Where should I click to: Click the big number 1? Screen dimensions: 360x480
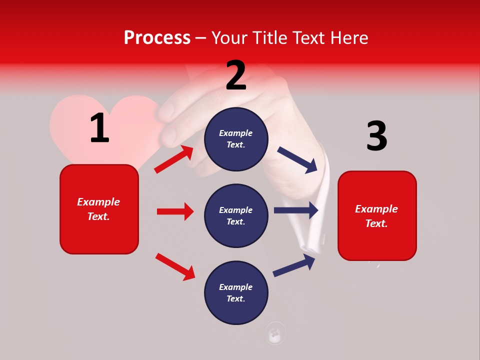click(x=99, y=128)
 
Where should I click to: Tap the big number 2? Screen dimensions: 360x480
click(x=236, y=76)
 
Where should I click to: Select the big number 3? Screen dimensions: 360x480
click(x=376, y=137)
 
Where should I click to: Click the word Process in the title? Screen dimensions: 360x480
click(x=157, y=37)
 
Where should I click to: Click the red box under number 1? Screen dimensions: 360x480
click(x=99, y=209)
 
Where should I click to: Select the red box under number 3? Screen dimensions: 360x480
click(x=377, y=215)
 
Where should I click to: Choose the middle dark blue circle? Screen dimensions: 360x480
click(x=236, y=215)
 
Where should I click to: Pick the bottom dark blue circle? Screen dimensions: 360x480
click(x=236, y=292)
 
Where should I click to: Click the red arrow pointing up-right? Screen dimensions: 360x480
click(x=174, y=159)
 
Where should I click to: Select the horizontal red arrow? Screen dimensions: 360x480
click(x=175, y=211)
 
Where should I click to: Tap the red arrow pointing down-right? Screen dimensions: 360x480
click(x=175, y=266)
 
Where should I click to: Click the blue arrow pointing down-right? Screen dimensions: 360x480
click(x=298, y=160)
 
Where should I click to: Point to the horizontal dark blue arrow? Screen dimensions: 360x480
click(x=296, y=210)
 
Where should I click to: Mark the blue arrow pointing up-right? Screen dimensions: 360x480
click(x=294, y=264)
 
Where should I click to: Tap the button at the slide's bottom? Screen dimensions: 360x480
click(x=275, y=332)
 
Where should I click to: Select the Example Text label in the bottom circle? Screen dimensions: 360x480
click(x=236, y=293)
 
